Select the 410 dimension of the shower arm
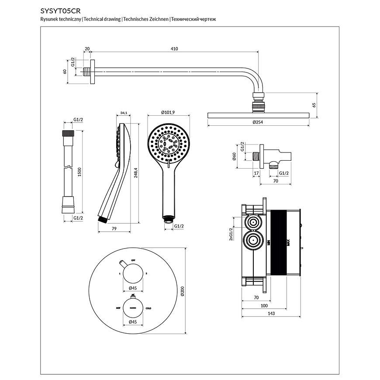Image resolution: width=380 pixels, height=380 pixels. tap(174, 49)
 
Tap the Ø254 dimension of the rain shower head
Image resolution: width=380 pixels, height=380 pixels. tap(259, 123)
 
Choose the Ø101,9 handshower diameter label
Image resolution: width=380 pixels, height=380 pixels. tap(168, 113)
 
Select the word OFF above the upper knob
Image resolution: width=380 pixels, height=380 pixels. tap(133, 260)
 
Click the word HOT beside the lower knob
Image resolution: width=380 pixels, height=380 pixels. tap(118, 308)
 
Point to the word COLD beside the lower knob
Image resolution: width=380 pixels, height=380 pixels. tap(148, 308)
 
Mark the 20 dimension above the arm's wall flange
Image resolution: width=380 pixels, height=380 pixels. tap(87, 49)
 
